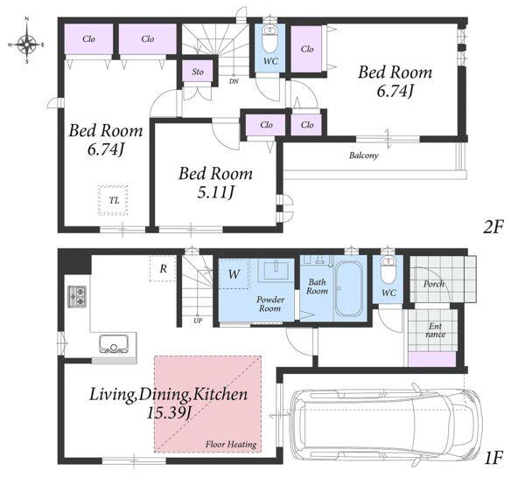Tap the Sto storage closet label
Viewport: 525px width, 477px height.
click(198, 72)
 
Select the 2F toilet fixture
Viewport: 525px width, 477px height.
click(269, 38)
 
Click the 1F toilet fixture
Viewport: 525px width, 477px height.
click(388, 269)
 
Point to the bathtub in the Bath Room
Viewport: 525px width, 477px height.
click(348, 288)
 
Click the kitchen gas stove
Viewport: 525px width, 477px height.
click(77, 296)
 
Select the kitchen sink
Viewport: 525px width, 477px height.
click(114, 343)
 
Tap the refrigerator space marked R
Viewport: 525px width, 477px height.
click(163, 268)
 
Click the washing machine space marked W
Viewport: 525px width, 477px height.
click(234, 274)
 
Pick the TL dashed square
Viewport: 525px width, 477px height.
click(114, 200)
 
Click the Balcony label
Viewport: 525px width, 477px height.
click(364, 156)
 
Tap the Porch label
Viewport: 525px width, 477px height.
click(434, 284)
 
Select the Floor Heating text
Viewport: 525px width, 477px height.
click(231, 445)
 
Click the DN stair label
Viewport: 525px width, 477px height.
click(234, 81)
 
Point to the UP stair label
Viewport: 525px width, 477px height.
click(198, 321)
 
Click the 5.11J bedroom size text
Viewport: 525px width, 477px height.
click(215, 192)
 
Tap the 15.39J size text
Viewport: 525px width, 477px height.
click(169, 413)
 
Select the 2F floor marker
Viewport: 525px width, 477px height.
click(493, 227)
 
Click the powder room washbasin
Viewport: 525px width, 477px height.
click(276, 271)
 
